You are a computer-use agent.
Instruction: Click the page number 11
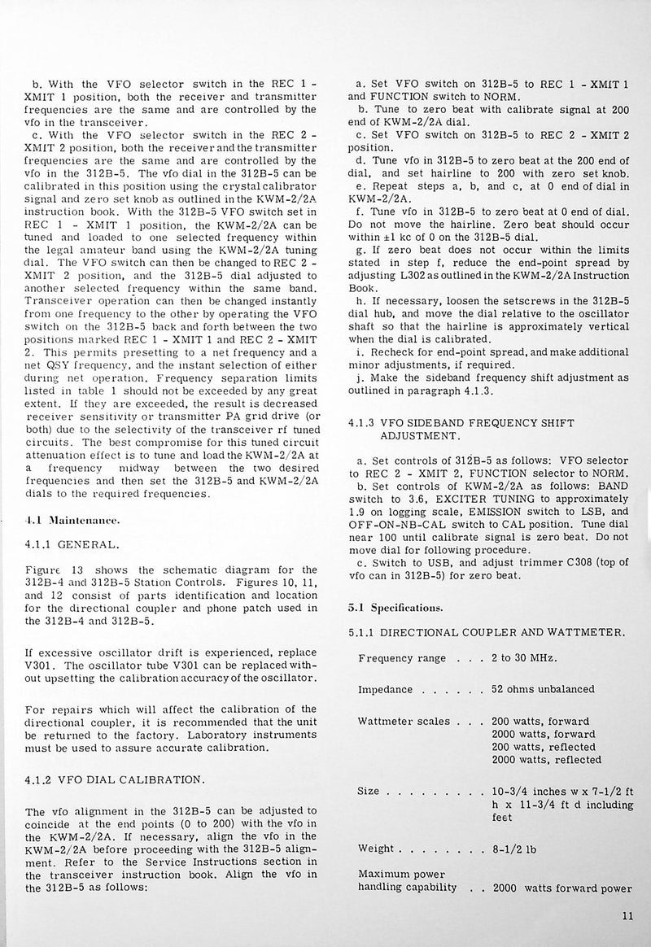tap(626, 915)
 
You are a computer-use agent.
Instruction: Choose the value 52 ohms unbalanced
tap(543, 689)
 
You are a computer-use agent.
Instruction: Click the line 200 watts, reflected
tap(541, 746)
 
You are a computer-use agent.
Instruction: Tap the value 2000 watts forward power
tap(563, 887)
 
